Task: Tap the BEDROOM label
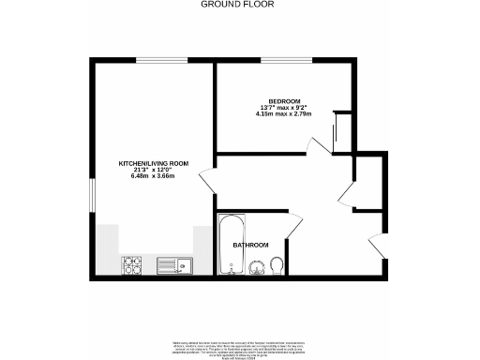[x=284, y=100]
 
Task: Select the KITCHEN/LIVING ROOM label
[x=153, y=163]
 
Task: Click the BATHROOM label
[x=250, y=245]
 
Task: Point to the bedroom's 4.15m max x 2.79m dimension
[x=284, y=115]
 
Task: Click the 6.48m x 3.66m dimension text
[x=153, y=178]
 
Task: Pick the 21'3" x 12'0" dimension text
[x=153, y=171]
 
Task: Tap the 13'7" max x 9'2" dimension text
[x=284, y=108]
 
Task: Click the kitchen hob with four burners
[x=131, y=266]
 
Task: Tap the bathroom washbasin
[x=254, y=268]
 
